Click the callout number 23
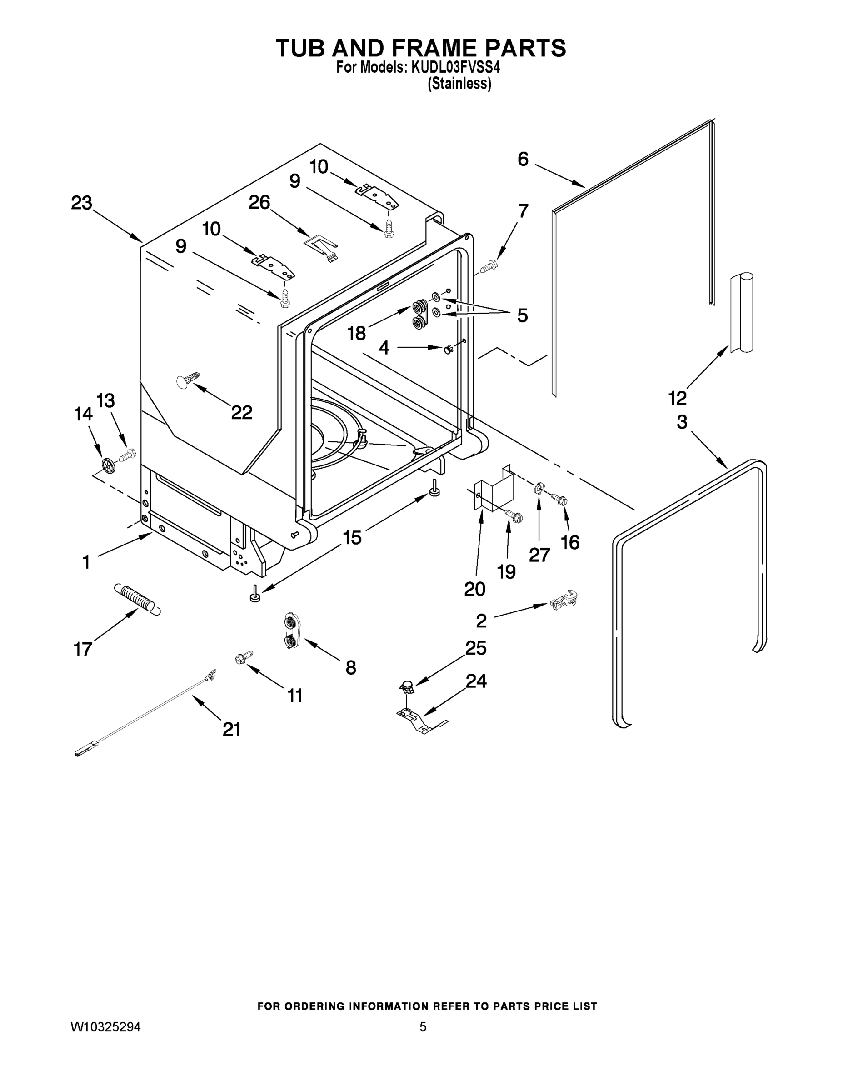[x=81, y=203]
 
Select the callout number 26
[x=259, y=202]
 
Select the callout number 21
[x=232, y=729]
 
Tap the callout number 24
[x=476, y=681]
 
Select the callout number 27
[x=539, y=555]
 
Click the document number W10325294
[x=105, y=1027]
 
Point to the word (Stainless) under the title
[x=459, y=84]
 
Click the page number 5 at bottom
[x=423, y=1027]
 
